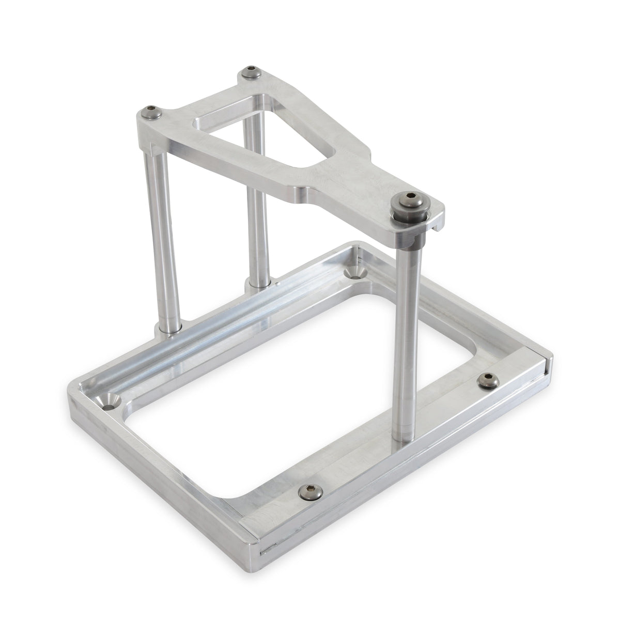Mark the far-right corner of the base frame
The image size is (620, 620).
coord(552,357)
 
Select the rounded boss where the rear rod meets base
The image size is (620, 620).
coord(256,283)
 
